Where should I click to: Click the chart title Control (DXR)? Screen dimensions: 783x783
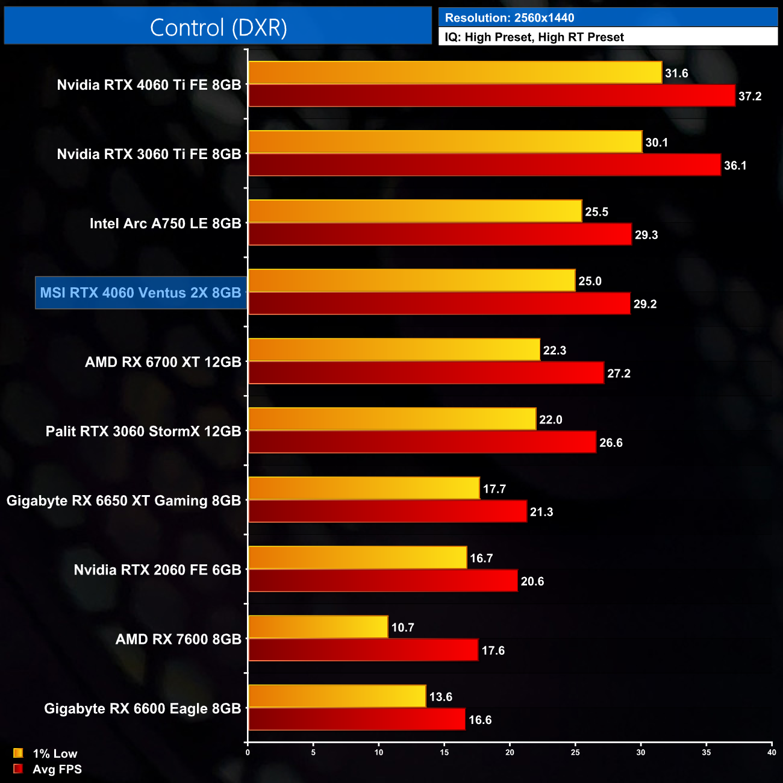click(x=218, y=28)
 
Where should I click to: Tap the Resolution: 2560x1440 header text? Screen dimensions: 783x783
click(x=510, y=18)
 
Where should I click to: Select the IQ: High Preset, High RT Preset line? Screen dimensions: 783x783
click(x=534, y=37)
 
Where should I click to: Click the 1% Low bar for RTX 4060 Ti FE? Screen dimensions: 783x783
click(x=455, y=73)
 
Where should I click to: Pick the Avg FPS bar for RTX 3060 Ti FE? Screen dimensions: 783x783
click(x=484, y=165)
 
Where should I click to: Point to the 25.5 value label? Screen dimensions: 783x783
click(x=596, y=212)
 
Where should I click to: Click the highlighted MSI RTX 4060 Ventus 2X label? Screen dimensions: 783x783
click(x=141, y=293)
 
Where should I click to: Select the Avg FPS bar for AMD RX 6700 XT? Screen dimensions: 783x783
click(x=426, y=373)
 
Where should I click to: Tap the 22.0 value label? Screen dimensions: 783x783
click(x=551, y=420)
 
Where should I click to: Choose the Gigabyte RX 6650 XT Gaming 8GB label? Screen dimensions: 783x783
click(x=123, y=501)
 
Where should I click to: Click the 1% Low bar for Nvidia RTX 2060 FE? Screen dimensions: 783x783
click(x=357, y=558)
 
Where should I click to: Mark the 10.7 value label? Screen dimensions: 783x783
click(x=402, y=628)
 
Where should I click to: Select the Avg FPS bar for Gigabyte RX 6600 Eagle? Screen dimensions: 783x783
click(x=357, y=719)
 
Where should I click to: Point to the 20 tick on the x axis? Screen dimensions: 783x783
click(x=510, y=752)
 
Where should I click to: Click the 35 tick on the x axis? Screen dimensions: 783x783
click(x=706, y=752)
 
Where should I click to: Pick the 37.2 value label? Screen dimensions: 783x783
click(x=750, y=96)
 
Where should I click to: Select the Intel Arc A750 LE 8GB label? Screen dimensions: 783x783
click(x=165, y=223)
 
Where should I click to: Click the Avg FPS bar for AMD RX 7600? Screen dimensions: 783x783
click(x=363, y=650)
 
